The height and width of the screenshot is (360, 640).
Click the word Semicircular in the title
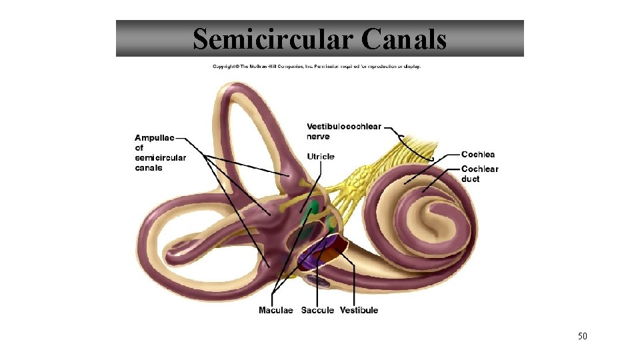[x=273, y=39]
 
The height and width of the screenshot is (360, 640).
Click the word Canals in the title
[x=404, y=39]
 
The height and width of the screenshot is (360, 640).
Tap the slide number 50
[x=582, y=336]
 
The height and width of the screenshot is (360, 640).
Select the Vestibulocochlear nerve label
[x=343, y=131]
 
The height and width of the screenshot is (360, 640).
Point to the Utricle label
[x=321, y=157]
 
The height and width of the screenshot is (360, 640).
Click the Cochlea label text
[x=478, y=155]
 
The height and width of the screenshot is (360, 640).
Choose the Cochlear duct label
[x=479, y=173]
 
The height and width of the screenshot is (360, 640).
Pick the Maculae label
[x=275, y=310]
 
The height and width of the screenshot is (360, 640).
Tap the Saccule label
[x=317, y=310]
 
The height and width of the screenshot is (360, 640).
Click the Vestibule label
[x=359, y=310]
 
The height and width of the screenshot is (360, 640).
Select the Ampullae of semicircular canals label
[x=160, y=153]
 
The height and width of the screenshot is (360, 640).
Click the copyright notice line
[x=317, y=66]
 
